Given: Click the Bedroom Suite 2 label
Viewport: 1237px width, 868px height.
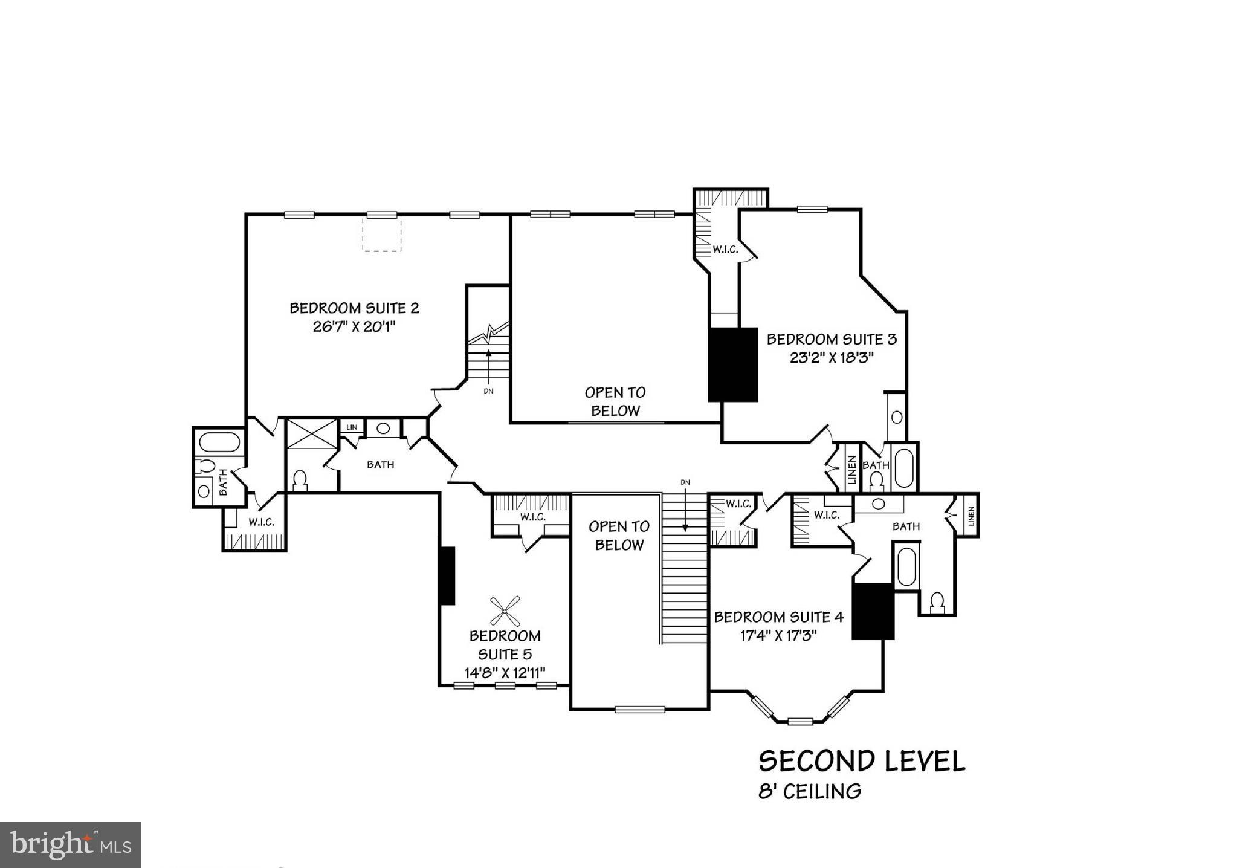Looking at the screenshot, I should click(x=354, y=308).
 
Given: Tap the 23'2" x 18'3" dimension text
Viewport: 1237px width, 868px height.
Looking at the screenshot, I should click(x=832, y=357).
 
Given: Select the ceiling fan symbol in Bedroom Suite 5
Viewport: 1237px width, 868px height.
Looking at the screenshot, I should click(x=505, y=611).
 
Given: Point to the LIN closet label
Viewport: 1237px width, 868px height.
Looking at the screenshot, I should click(x=352, y=427).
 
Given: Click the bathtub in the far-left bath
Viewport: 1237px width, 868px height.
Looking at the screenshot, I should click(x=219, y=442).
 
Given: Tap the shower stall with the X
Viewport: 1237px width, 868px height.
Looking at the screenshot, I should click(x=311, y=433).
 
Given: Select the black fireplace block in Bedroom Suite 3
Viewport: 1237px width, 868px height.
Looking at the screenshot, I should click(x=732, y=364).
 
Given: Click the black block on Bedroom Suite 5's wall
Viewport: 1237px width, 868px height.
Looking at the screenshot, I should click(x=447, y=575).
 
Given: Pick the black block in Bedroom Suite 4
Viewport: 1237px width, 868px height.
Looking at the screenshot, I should click(x=873, y=611).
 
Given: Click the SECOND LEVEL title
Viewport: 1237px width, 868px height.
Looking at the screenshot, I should click(x=861, y=761).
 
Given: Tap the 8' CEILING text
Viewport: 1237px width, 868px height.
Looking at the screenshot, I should click(x=810, y=791).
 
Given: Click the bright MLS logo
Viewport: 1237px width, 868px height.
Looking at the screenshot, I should click(x=70, y=844).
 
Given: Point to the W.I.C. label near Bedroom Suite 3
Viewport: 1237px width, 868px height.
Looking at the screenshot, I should click(x=725, y=249).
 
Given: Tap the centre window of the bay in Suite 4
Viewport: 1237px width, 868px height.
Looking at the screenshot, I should click(x=799, y=721).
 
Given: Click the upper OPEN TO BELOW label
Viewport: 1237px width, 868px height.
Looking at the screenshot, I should click(x=615, y=401).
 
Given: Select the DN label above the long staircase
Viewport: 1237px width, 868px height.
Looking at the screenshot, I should click(x=685, y=482).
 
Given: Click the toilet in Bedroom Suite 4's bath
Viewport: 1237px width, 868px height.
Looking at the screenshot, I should click(x=937, y=603).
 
